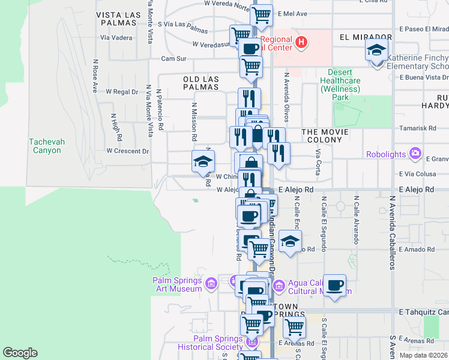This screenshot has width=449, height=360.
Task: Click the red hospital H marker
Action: tap(302, 43)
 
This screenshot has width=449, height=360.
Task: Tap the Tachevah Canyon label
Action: tap(45, 146)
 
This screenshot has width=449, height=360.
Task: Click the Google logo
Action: tap(20, 353)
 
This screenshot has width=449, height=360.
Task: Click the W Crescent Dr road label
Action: tap(127, 151)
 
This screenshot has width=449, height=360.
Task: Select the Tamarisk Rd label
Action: tap(419, 128)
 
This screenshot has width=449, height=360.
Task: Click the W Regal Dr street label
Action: tap(122, 92)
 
